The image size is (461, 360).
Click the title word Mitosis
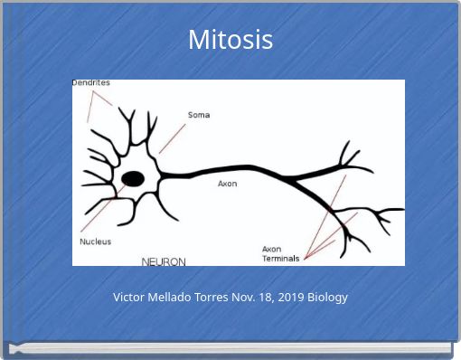point(230,40)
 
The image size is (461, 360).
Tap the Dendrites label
point(91,83)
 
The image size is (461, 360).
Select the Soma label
point(199,115)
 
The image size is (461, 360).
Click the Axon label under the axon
point(227,184)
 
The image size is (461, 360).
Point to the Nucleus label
point(96,242)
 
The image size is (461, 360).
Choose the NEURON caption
point(164,261)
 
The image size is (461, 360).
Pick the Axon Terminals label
point(280,253)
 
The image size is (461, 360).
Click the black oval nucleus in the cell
point(133,178)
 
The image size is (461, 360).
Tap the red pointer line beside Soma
point(172,138)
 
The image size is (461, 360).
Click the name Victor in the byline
point(130,297)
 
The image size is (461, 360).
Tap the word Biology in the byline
point(329,297)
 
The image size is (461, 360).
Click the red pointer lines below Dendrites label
point(95,106)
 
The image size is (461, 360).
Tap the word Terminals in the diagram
point(280,259)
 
